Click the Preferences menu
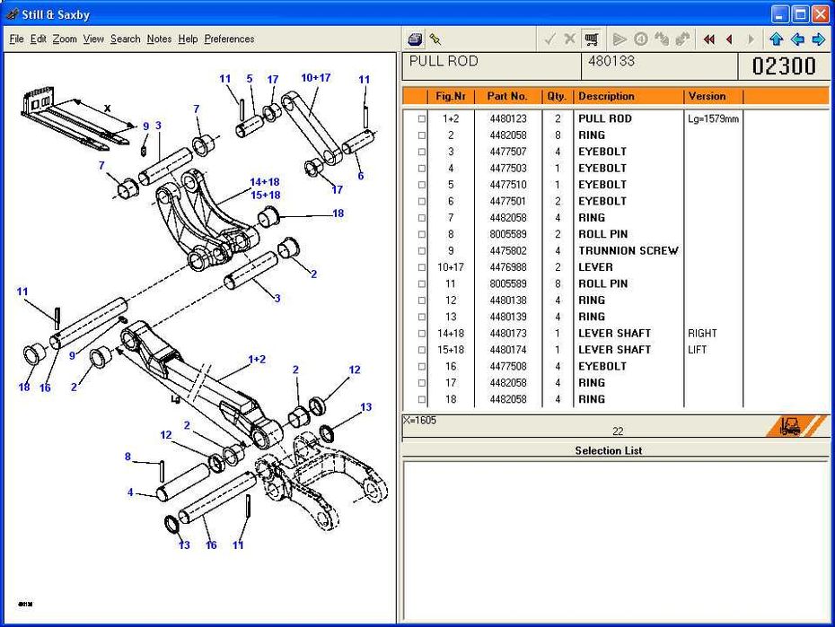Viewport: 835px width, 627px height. coord(229,39)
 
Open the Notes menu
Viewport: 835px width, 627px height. coord(159,39)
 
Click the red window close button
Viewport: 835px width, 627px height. coord(821,13)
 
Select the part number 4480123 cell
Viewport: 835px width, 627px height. coord(508,118)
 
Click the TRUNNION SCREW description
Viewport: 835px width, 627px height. coord(628,250)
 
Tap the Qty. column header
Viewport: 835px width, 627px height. coord(556,96)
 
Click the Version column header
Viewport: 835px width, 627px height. coord(707,96)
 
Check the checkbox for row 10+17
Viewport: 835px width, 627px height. coord(421,267)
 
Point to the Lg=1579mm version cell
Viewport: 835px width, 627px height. coord(713,118)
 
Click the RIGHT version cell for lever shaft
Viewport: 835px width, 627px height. coord(702,333)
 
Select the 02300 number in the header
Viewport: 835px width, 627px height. coord(784,65)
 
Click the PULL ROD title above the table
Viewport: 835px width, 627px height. coord(444,61)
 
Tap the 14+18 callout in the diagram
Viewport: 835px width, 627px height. coord(264,181)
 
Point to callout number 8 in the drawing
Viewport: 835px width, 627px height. coord(127,457)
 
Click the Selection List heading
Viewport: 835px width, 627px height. coord(608,450)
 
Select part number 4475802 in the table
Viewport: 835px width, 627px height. coord(508,250)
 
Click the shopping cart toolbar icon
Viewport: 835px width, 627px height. coord(592,39)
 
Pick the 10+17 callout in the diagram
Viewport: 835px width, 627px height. coord(315,78)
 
